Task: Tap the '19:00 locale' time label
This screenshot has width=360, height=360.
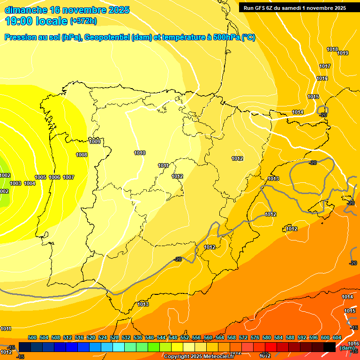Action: click(x=36, y=21)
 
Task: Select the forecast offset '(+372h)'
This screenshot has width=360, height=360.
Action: click(x=83, y=21)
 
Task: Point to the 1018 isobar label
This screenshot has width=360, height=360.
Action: click(x=332, y=50)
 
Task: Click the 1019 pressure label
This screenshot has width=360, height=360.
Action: click(x=343, y=53)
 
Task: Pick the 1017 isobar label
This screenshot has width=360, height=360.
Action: click(x=325, y=66)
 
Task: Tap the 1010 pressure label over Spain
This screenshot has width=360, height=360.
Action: click(x=140, y=153)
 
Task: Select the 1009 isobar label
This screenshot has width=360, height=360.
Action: click(x=95, y=142)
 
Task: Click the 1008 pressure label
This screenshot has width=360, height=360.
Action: click(x=82, y=155)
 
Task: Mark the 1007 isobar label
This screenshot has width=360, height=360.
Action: click(x=68, y=177)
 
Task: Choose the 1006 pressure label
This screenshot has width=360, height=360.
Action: click(x=54, y=177)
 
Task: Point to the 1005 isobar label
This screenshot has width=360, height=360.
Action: click(x=40, y=177)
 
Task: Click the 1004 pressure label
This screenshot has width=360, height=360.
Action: click(x=30, y=183)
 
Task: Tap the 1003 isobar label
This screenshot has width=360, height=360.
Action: click(x=15, y=183)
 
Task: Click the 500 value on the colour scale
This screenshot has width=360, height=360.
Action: click(x=32, y=337)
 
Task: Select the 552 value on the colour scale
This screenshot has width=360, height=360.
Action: click(x=185, y=337)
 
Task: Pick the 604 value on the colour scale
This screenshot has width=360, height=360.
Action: click(x=337, y=337)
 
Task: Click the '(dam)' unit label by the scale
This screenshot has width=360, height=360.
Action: click(x=346, y=347)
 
